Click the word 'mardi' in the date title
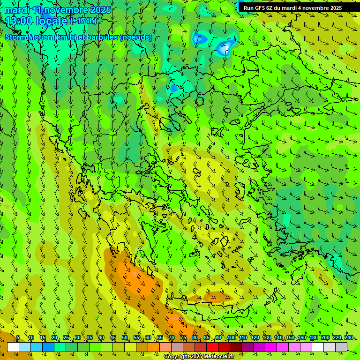(x=17, y=10)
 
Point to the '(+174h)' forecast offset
(x=83, y=21)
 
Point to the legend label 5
(x=18, y=337)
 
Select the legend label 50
(x=125, y=337)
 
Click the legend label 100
(x=231, y=337)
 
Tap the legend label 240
(x=348, y=337)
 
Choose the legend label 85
(x=207, y=337)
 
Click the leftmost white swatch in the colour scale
(x=13, y=347)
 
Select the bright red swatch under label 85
(x=212, y=347)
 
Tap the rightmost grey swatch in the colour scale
(x=341, y=347)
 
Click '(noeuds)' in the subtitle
(x=136, y=37)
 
